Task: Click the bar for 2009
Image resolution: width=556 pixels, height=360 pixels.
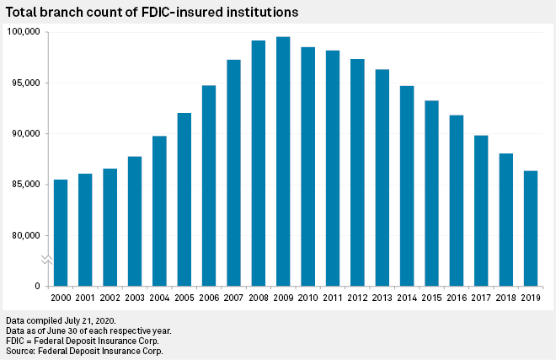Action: click(x=283, y=161)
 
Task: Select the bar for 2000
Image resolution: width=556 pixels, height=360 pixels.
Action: click(x=61, y=233)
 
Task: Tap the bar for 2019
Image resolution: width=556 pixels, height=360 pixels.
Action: click(x=531, y=228)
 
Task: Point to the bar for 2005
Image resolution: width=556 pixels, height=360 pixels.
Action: click(x=184, y=199)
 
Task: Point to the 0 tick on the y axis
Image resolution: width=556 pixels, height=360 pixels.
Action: click(x=37, y=287)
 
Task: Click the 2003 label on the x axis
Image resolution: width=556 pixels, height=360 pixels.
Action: click(x=135, y=298)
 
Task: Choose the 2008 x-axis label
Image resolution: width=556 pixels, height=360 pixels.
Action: click(x=259, y=298)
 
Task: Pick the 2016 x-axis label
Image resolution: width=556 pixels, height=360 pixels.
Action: click(x=457, y=298)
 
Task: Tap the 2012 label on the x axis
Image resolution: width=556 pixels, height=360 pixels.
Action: click(x=357, y=298)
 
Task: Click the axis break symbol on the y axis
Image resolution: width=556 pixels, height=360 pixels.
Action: click(x=47, y=261)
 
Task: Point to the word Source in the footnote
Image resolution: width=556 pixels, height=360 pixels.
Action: click(x=21, y=351)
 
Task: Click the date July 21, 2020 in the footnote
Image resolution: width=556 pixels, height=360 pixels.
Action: click(x=90, y=321)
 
